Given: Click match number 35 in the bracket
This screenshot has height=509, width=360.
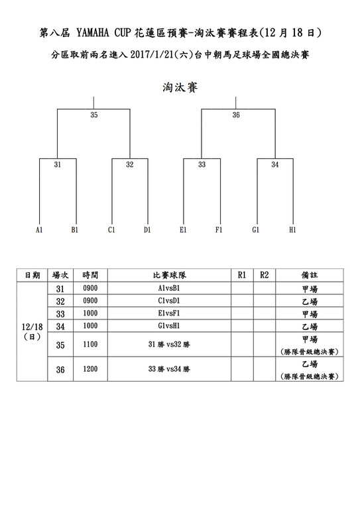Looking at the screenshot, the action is point(94,115).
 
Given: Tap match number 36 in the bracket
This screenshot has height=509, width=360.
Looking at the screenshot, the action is point(236,115).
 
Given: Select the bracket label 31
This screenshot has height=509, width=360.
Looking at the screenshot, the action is point(58,164).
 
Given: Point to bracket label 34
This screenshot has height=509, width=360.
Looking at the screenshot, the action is point(275,164).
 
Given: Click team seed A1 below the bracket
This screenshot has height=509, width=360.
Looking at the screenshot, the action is point(39,230).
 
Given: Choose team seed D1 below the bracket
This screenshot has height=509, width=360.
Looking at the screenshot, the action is point(147,230).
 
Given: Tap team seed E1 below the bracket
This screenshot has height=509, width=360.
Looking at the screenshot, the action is point(183,230).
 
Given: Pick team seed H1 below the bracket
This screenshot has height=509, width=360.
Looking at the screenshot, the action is point(292,230).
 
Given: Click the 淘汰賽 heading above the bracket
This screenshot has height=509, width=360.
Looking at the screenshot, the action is point(180,87).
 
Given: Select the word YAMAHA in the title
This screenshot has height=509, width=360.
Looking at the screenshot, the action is point(93,33).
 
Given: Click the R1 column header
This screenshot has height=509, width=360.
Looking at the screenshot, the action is point(242,275).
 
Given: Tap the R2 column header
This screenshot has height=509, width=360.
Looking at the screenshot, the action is point(265,275).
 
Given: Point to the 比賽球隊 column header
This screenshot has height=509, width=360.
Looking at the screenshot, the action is point(170,275).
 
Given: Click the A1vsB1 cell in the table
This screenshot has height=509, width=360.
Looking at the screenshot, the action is point(169,288).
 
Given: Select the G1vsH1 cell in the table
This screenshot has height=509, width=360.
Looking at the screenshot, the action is point(169,325).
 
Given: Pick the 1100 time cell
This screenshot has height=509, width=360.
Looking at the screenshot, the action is point(90,344).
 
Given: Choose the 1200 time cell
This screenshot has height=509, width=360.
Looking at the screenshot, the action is point(90,368).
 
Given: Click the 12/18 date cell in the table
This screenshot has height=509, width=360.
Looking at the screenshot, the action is point(32,327).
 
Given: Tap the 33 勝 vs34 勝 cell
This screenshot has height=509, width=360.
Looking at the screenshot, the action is point(169,369).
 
